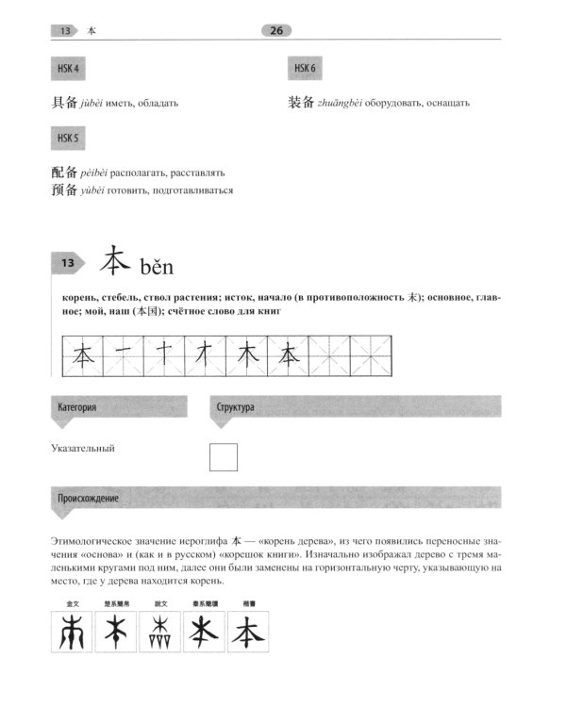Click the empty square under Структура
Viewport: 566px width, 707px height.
click(223, 457)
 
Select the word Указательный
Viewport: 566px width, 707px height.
click(90, 449)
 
